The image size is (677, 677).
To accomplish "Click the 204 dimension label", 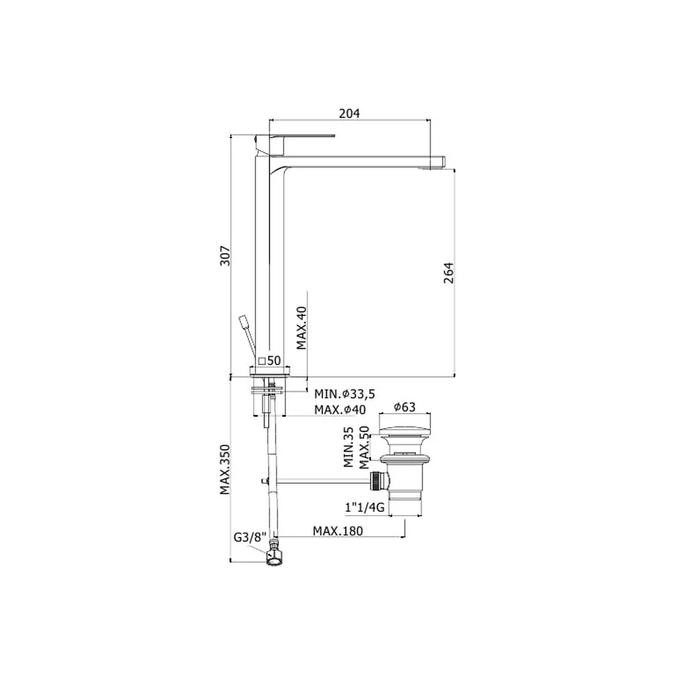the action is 349,113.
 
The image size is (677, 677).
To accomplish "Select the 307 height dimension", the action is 225,256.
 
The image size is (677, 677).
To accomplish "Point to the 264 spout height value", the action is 449,272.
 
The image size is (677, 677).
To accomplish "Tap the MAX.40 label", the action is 301,328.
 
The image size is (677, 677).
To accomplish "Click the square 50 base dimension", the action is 269,361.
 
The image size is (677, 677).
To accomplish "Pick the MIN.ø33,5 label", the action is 345,394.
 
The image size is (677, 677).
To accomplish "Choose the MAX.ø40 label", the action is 340,410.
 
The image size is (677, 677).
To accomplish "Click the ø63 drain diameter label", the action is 405,407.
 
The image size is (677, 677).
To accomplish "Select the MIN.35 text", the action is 349,447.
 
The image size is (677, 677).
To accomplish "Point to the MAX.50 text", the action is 364,447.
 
